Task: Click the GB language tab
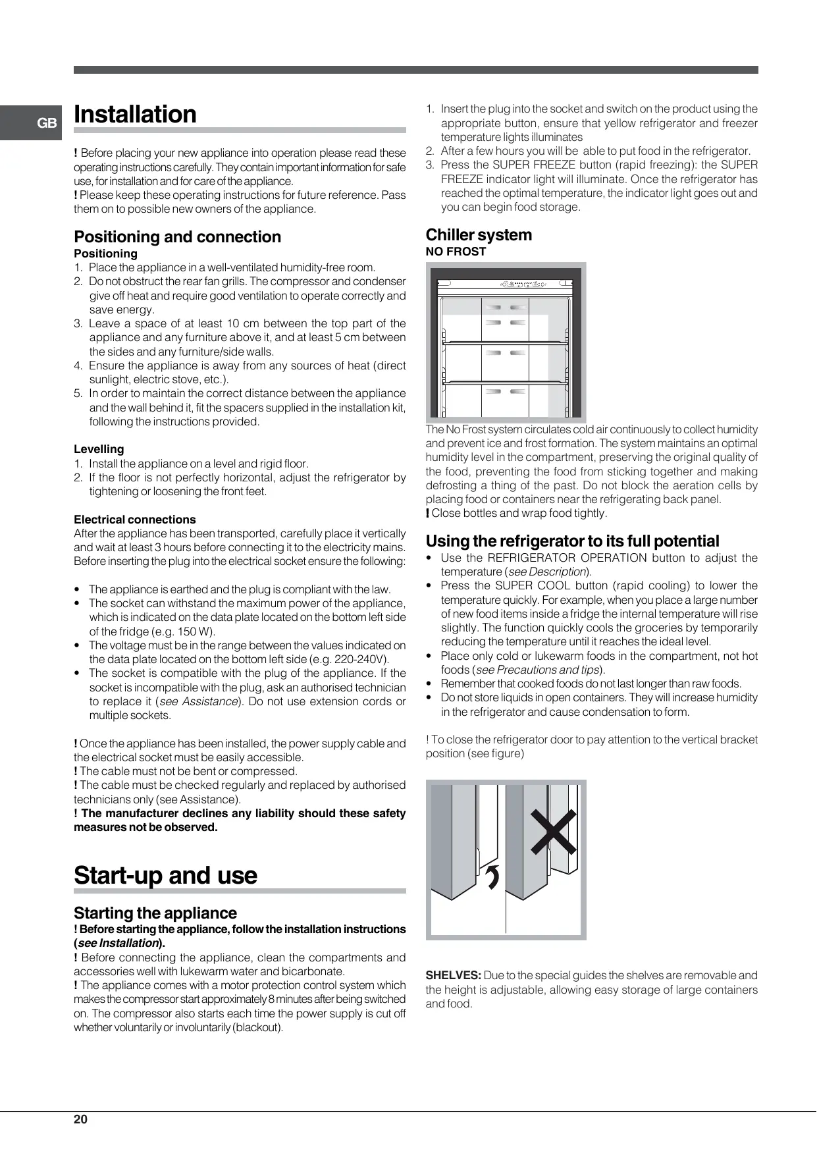pyautogui.click(x=47, y=123)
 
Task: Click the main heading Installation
pyautogui.click(x=135, y=115)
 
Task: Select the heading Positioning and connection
pyautogui.click(x=177, y=237)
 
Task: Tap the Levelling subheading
pyautogui.click(x=99, y=449)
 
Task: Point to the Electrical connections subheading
pyautogui.click(x=134, y=520)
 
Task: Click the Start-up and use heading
pyautogui.click(x=165, y=875)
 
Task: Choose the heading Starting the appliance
pyautogui.click(x=155, y=913)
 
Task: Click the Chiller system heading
pyautogui.click(x=479, y=235)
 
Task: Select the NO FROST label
pyautogui.click(x=456, y=252)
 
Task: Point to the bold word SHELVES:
pyautogui.click(x=453, y=975)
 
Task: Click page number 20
pyautogui.click(x=80, y=1119)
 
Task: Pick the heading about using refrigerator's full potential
pyautogui.click(x=572, y=541)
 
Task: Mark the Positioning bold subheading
pyautogui.click(x=105, y=254)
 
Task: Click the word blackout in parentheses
pyautogui.click(x=261, y=1028)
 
